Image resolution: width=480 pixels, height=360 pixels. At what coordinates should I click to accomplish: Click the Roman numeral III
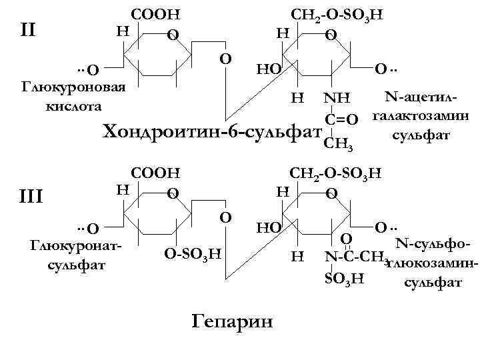point(29,197)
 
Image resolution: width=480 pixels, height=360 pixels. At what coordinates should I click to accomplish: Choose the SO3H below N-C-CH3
point(343,278)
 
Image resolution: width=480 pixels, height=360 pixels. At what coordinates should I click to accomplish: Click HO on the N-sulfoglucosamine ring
point(269,227)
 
